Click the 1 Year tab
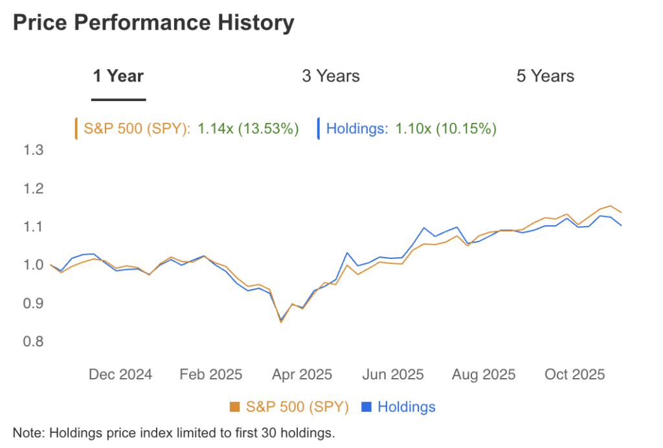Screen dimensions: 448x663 click(x=118, y=76)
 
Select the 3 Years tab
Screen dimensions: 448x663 click(x=331, y=76)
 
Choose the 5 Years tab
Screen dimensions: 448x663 click(x=545, y=76)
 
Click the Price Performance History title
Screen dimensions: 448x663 click(x=153, y=23)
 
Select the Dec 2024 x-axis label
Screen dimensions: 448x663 click(x=120, y=374)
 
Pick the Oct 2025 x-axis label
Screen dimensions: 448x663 click(x=574, y=374)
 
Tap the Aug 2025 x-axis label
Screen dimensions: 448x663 click(x=484, y=374)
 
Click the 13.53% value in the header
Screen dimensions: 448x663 click(x=268, y=129)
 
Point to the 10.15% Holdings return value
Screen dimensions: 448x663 click(x=466, y=129)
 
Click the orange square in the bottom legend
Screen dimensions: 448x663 click(x=235, y=407)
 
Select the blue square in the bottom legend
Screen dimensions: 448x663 click(x=366, y=407)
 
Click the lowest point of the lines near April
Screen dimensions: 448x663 click(x=281, y=322)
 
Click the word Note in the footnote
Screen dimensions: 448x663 click(x=25, y=432)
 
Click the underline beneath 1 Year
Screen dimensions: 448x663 click(x=118, y=100)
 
